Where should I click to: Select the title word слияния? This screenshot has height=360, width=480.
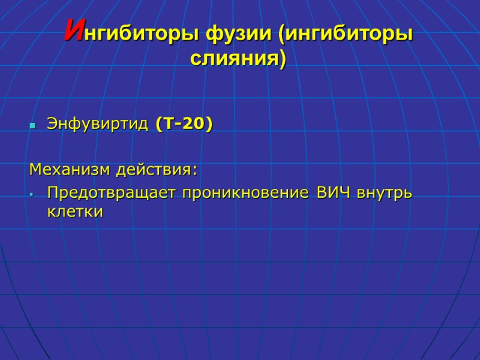click(235, 59)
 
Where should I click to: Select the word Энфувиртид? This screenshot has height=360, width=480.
click(97, 125)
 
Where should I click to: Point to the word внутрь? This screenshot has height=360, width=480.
click(385, 194)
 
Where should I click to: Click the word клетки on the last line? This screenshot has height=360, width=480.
click(75, 212)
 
